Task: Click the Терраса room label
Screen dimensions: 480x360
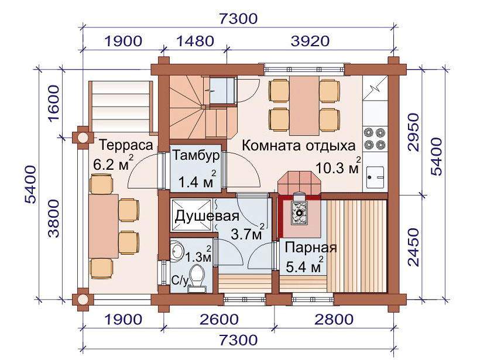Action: click(x=126, y=145)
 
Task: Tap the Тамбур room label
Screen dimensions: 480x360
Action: click(x=196, y=155)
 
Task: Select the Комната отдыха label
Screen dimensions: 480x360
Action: click(x=299, y=146)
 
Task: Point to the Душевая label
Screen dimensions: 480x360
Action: click(x=207, y=216)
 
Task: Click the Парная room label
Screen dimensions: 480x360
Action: click(x=311, y=248)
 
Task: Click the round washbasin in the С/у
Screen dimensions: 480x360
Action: click(x=177, y=251)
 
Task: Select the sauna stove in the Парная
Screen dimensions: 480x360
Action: click(x=299, y=211)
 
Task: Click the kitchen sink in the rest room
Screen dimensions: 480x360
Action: click(x=375, y=177)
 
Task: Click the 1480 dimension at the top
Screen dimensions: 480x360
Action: click(x=195, y=41)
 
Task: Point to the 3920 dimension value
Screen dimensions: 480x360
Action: click(x=310, y=41)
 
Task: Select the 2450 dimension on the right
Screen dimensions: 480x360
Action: click(x=413, y=247)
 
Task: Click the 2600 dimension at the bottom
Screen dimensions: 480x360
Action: click(x=219, y=319)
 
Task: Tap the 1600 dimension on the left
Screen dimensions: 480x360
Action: click(x=54, y=104)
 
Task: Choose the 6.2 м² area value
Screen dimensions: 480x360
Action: click(x=113, y=163)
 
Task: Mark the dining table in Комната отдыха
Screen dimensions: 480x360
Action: click(x=304, y=105)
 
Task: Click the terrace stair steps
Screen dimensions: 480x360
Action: click(x=121, y=107)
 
